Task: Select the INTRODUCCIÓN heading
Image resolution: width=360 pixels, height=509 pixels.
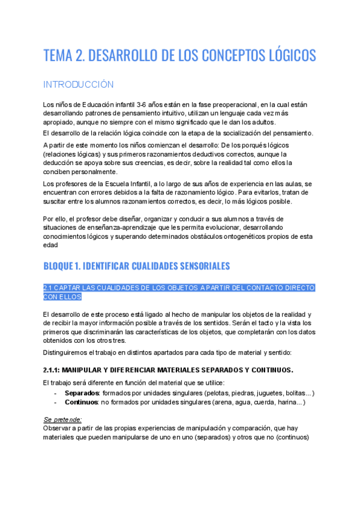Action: point(78,84)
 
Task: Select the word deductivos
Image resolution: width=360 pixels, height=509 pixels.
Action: point(203,154)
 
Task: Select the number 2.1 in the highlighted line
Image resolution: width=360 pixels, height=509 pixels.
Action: point(49,288)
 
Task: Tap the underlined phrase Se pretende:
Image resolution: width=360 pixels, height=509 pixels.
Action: point(62,420)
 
